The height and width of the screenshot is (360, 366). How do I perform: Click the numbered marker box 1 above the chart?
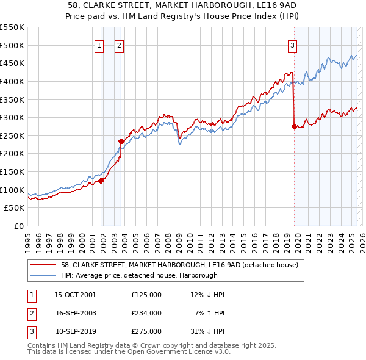coord(99,45)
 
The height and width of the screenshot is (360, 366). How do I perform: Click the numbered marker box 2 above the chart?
coord(119,45)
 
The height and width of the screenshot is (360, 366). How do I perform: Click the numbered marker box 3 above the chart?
coord(293,45)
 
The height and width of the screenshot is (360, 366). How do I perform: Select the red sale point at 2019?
coord(294,126)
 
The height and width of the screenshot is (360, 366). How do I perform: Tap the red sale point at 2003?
coord(121,141)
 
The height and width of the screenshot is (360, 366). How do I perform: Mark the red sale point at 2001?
coord(101,180)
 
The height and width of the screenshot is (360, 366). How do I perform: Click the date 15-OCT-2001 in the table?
coord(75,295)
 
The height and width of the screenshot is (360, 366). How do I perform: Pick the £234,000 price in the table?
coord(146,313)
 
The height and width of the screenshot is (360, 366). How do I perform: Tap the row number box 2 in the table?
coord(30,313)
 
